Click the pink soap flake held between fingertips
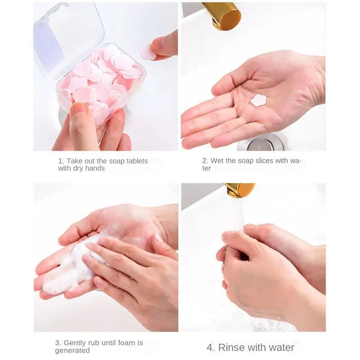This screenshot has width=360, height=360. [x=147, y=52]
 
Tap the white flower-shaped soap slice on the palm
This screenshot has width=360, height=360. [x=258, y=100]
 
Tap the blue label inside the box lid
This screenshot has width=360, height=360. [x=49, y=45]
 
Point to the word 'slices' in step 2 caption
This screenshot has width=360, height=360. [x=264, y=161]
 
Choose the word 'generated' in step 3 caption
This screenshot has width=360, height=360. [x=72, y=351]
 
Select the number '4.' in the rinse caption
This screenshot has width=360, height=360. [x=211, y=347]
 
